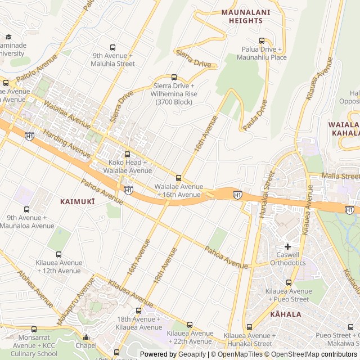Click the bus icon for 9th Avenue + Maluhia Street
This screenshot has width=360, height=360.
tap(113, 48)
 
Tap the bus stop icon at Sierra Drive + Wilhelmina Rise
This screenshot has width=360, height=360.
tap(174, 78)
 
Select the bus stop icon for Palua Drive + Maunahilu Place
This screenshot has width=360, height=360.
tap(262, 40)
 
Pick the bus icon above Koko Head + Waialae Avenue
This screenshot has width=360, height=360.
tap(127, 154)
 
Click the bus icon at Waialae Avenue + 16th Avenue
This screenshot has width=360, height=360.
tap(179, 178)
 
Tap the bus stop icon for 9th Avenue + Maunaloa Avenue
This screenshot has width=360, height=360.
tap(27, 210)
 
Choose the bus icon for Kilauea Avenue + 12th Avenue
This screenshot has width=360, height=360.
tap(59, 255)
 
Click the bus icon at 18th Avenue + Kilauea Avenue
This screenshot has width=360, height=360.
tap(139, 310)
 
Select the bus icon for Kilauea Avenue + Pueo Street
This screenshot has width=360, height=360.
tap(289, 283)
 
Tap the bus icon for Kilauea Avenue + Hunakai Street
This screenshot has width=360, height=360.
tap(249, 327)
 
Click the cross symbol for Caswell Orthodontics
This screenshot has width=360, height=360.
tap(287, 246)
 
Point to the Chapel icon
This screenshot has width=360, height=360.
tap(85, 336)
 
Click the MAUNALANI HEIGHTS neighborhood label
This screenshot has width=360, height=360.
tap(245, 16)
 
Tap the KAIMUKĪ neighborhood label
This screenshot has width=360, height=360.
tap(78, 201)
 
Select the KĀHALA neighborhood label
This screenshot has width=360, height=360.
tap(286, 314)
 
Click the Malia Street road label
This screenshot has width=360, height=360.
tap(340, 176)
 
